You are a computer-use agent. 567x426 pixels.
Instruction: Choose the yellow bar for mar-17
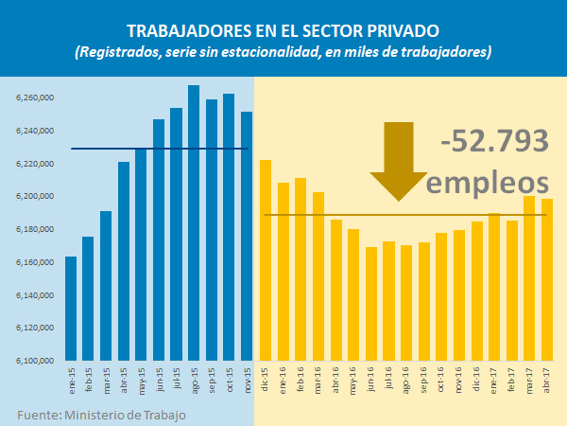pos(530,278)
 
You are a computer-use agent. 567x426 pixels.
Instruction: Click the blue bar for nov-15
pos(247,237)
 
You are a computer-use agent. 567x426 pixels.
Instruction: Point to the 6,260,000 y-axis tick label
pos(35,98)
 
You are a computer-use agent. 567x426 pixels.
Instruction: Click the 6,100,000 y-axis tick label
pos(35,361)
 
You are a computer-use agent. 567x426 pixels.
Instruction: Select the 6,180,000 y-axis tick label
pos(35,229)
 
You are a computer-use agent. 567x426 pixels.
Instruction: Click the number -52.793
pos(495,141)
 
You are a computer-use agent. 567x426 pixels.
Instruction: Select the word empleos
pos(488,181)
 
